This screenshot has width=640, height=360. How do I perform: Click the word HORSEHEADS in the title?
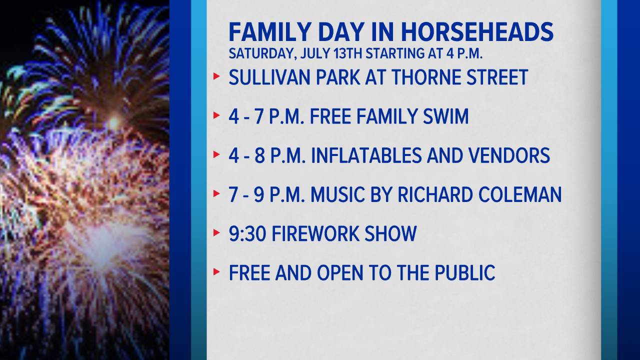click(477, 32)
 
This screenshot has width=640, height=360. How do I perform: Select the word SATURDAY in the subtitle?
click(261, 53)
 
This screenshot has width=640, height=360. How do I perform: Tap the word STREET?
click(497, 77)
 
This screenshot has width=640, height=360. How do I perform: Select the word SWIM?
click(445, 116)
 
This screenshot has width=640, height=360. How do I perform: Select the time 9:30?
click(247, 233)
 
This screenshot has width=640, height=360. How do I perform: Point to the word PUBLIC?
click(465, 272)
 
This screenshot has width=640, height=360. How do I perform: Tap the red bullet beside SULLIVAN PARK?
click(216, 76)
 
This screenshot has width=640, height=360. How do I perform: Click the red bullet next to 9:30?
click(216, 232)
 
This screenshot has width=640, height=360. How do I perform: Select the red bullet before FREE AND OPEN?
click(216, 271)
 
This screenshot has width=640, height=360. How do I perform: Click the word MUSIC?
click(337, 194)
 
